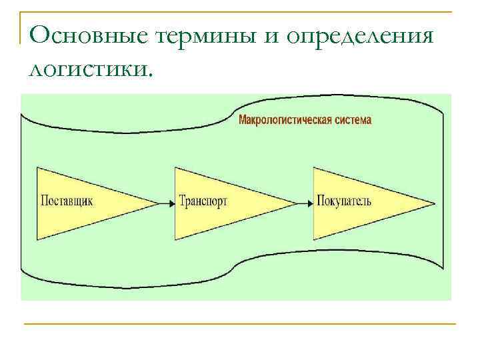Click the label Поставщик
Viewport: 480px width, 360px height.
pyautogui.click(x=67, y=201)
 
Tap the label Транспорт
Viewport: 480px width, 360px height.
pyautogui.click(x=203, y=201)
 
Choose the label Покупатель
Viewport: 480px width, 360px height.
pyautogui.click(x=343, y=201)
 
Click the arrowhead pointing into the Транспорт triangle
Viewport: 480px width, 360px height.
pyautogui.click(x=171, y=203)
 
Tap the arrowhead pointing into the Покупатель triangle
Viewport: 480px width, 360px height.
pyautogui.click(x=309, y=203)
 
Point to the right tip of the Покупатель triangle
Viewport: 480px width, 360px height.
pyautogui.click(x=435, y=203)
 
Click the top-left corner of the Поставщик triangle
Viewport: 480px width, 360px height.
pyautogui.click(x=37, y=167)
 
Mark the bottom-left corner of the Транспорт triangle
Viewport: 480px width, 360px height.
pyautogui.click(x=175, y=240)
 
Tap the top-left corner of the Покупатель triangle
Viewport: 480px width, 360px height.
pyautogui.click(x=313, y=167)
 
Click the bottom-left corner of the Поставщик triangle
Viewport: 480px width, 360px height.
pyautogui.click(x=37, y=240)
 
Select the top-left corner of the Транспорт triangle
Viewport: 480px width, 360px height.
pyautogui.click(x=175, y=167)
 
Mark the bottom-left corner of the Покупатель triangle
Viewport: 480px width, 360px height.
pyautogui.click(x=313, y=240)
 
